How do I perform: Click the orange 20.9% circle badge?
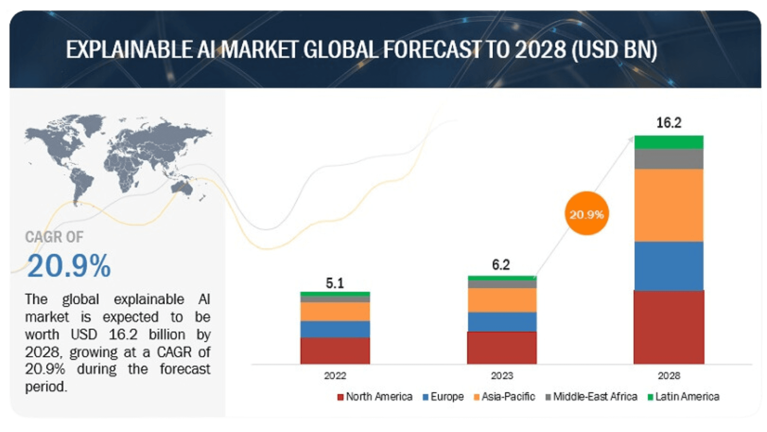[x=587, y=214]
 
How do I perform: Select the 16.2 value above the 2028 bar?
[x=669, y=123]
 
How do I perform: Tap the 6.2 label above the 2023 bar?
[x=501, y=265]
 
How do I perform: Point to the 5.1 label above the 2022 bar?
[x=335, y=283]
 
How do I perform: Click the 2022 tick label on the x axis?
[x=335, y=376]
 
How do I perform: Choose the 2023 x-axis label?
[x=502, y=376]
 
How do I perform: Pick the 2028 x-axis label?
[x=669, y=376]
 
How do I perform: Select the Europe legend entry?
[x=443, y=397]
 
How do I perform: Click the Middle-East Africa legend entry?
[x=591, y=397]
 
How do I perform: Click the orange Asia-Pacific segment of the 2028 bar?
[x=669, y=205]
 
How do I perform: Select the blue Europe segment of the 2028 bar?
[x=669, y=266]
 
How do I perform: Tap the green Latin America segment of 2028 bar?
[x=669, y=142]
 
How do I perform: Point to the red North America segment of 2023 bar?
[x=502, y=347]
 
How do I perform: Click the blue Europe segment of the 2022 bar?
[x=335, y=329]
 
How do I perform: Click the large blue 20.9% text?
[x=69, y=266]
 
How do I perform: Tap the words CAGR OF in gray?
[x=54, y=237]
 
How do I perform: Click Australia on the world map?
[x=181, y=188]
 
